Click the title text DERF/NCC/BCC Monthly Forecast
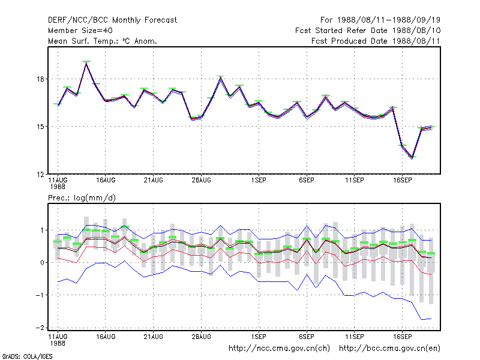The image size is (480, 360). (x=112, y=20)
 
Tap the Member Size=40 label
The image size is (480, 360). (x=80, y=31)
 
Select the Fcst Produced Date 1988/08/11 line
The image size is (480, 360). (x=376, y=41)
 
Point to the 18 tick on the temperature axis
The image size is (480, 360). (x=40, y=79)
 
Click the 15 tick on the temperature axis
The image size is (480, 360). (x=40, y=127)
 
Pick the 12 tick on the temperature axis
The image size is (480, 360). (x=40, y=174)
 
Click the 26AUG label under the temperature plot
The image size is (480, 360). (x=201, y=181)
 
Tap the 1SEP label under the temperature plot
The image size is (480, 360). (x=259, y=181)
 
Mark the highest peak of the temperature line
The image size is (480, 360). (x=86, y=64)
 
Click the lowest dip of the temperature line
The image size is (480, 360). (x=412, y=158)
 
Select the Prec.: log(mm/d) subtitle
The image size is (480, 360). (x=82, y=198)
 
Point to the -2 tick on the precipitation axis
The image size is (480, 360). (x=40, y=328)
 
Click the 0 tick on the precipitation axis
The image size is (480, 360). (x=42, y=263)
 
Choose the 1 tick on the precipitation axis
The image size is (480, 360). (x=42, y=230)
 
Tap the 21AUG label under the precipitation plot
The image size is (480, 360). (x=154, y=337)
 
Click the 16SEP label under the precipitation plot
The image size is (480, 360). (x=402, y=337)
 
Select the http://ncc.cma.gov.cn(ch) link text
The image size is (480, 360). (x=279, y=349)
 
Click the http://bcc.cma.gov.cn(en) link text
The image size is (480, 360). (x=389, y=349)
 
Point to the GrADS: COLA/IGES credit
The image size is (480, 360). (x=27, y=356)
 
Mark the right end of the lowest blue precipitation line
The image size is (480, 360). (x=431, y=319)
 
